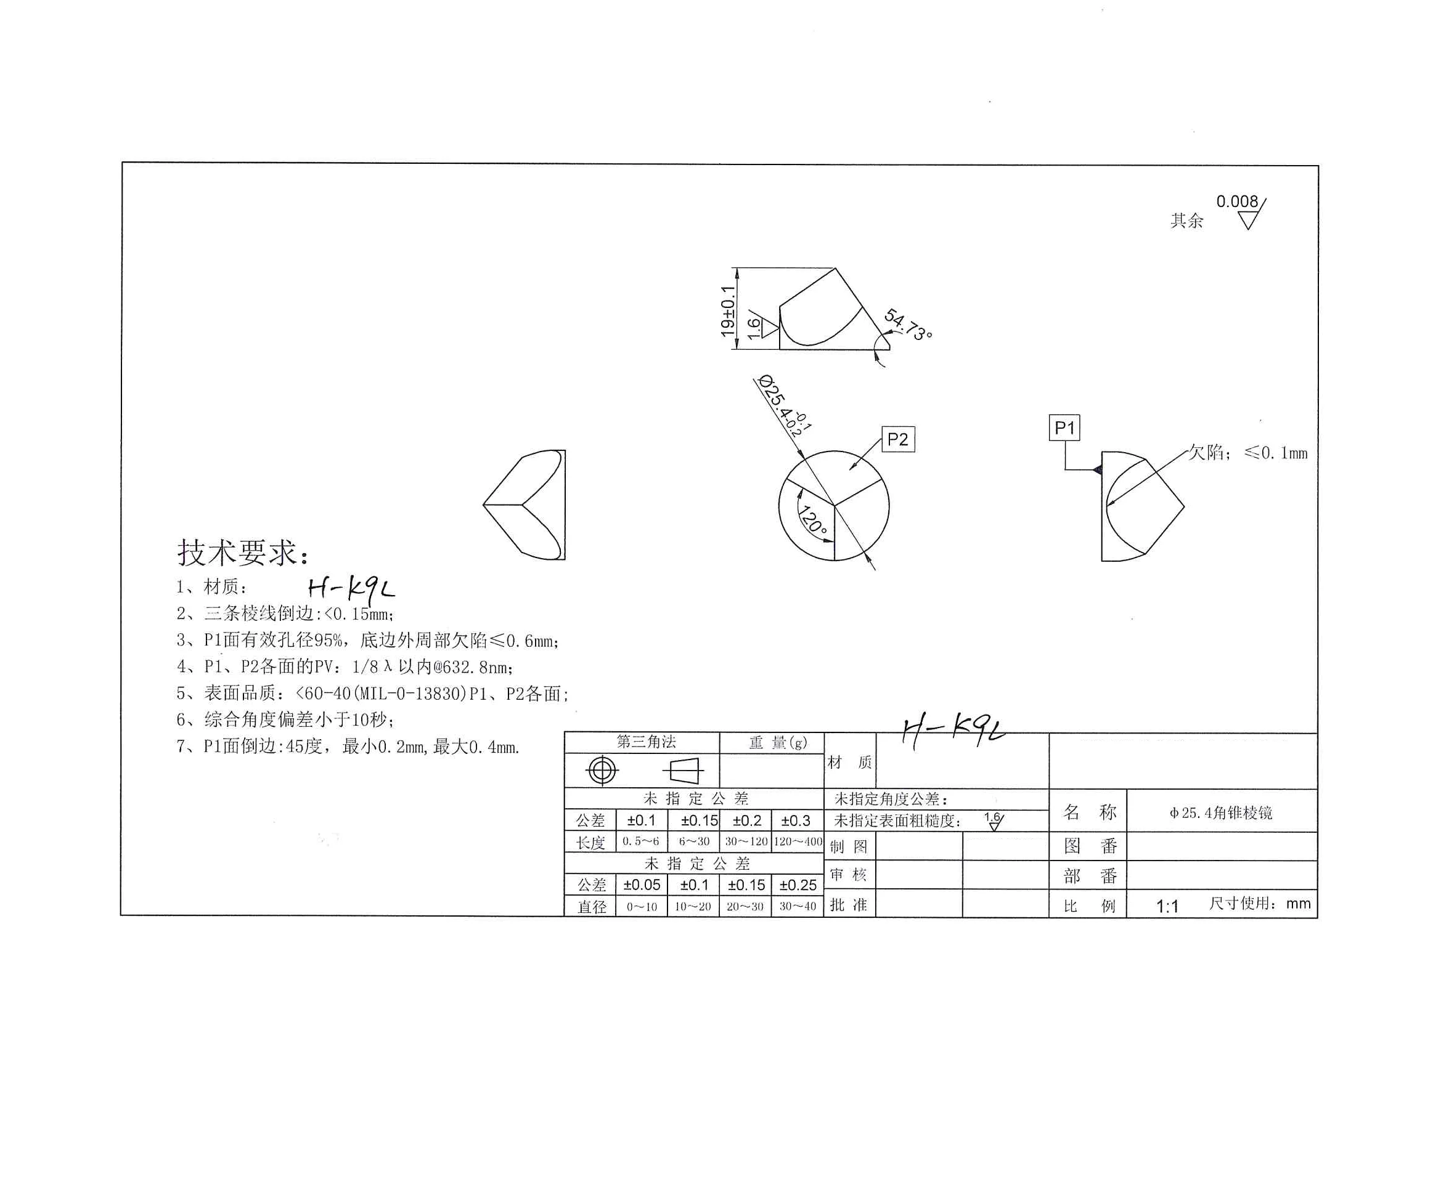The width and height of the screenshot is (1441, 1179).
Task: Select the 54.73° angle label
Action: [908, 325]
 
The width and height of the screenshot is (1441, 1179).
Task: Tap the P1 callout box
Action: [1064, 428]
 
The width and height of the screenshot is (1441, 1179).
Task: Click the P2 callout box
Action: [897, 439]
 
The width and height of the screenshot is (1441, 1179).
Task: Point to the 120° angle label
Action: [812, 519]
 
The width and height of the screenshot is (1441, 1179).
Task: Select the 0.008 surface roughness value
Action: [1236, 201]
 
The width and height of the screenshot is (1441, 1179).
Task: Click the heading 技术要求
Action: [243, 552]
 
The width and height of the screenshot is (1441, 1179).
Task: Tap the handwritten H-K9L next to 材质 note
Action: [350, 588]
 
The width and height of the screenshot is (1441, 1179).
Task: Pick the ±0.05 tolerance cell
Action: [642, 885]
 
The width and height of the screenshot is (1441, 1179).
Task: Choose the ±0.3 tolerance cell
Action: [796, 820]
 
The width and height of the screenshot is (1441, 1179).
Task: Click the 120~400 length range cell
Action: [798, 841]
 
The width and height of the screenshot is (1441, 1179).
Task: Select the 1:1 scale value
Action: [1167, 906]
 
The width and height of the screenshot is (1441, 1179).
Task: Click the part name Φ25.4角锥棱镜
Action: [1221, 812]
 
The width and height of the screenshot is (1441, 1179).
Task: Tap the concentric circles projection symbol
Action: [602, 771]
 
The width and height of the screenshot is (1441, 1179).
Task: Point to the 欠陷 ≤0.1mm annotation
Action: [1247, 453]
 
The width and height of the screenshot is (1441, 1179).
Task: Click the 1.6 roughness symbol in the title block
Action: [994, 821]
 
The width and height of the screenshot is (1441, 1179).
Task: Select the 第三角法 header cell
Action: [645, 742]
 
